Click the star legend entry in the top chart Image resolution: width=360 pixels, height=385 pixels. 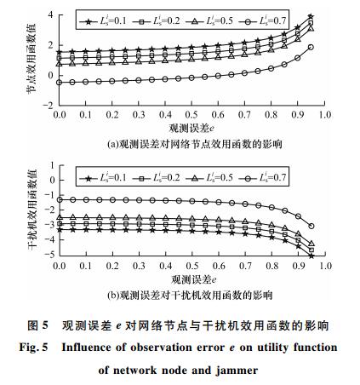pos(103,21)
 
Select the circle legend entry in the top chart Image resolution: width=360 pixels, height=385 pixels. pos(262,21)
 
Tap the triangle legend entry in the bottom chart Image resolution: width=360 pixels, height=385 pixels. pos(209,178)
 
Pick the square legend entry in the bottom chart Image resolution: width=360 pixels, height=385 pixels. pos(157,178)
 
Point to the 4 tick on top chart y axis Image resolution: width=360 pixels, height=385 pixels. pos(50,14)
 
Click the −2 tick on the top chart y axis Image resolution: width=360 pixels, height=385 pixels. pos(48,106)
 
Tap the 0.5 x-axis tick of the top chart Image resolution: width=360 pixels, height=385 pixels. pos(191,115)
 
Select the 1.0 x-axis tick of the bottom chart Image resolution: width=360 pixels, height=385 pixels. pos(325,266)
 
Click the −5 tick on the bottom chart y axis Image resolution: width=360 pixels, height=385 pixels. pos(49,255)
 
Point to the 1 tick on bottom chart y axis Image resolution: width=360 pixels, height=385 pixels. pos(52,165)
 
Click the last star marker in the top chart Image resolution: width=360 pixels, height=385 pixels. pos(311,16)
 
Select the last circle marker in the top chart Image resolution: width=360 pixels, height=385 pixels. pos(311,48)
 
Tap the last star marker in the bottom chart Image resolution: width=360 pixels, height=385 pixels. pos(311,256)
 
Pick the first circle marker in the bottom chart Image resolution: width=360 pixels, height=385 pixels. pos(60,200)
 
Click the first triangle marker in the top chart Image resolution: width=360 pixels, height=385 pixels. pos(60,64)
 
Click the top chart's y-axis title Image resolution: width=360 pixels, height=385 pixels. pos(31,59)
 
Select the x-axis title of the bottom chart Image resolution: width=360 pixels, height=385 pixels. pos(194,280)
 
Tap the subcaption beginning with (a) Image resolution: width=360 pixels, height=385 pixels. pos(195,144)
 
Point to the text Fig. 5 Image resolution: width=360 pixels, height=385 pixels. pos(33,348)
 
